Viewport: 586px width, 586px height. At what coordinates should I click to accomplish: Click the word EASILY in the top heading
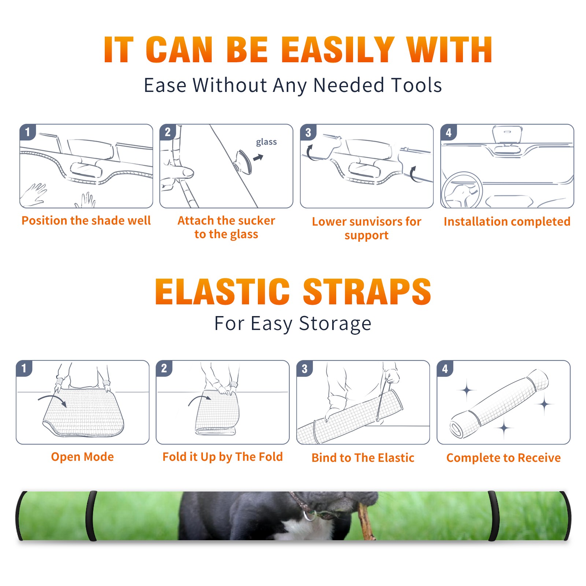pyautogui.click(x=338, y=50)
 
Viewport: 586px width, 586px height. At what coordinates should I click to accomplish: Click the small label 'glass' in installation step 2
pyautogui.click(x=266, y=142)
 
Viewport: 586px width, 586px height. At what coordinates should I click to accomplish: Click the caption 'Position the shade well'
pyautogui.click(x=86, y=220)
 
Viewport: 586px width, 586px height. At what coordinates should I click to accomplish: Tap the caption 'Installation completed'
pyautogui.click(x=507, y=222)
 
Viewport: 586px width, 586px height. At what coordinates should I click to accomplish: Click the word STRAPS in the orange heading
pyautogui.click(x=367, y=292)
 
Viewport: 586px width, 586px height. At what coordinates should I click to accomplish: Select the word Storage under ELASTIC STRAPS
pyautogui.click(x=335, y=324)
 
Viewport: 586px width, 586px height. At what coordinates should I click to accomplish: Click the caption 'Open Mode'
pyautogui.click(x=82, y=457)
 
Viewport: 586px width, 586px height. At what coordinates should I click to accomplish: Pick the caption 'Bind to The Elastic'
pyautogui.click(x=363, y=458)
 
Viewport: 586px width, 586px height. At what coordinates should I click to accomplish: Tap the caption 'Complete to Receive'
pyautogui.click(x=503, y=458)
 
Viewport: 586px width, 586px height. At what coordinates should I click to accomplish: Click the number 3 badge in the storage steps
pyautogui.click(x=305, y=369)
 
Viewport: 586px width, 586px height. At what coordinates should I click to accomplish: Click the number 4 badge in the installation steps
pyautogui.click(x=449, y=132)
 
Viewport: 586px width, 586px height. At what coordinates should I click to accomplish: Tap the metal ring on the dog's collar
pyautogui.click(x=309, y=516)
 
